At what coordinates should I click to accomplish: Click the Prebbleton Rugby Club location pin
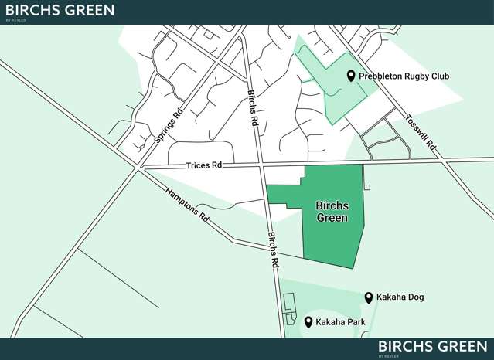pos(350,76)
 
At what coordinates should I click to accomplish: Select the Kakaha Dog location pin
pos(369,297)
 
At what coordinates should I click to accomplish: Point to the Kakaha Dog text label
pos(400,297)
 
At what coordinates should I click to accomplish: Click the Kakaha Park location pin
pos(308,322)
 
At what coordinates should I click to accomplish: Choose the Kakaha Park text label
pos(340,322)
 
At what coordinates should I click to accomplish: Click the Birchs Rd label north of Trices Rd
pos(252,110)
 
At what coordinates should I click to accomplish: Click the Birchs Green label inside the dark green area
pos(332,212)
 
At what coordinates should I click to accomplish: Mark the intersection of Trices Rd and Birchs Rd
pos(261,165)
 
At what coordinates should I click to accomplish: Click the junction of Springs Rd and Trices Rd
pos(139,167)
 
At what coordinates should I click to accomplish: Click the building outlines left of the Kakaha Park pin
pos(290,309)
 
